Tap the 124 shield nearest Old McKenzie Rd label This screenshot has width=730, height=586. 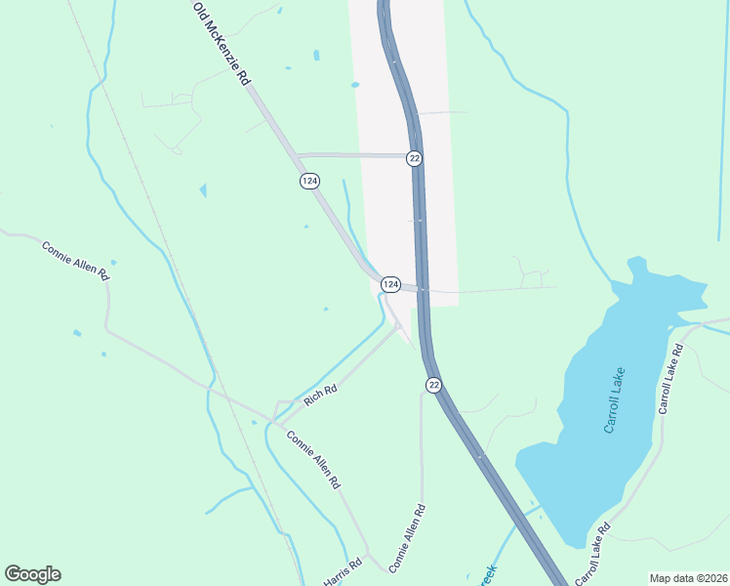click(309, 182)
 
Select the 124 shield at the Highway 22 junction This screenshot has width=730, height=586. click(390, 284)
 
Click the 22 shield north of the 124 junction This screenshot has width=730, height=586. click(415, 158)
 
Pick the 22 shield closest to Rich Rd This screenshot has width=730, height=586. click(433, 385)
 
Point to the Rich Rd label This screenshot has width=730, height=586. click(320, 396)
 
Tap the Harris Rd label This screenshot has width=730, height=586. click(343, 571)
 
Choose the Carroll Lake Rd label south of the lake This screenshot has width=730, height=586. click(593, 554)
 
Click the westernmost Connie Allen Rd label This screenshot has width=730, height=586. click(75, 261)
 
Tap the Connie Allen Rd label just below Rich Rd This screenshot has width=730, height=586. click(313, 459)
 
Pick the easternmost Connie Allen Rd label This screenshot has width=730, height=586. click(408, 538)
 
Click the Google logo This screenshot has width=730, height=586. click(32, 574)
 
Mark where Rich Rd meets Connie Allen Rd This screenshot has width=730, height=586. click(277, 422)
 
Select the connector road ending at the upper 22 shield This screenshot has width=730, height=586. click(351, 154)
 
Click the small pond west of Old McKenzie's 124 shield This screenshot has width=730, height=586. click(203, 190)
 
